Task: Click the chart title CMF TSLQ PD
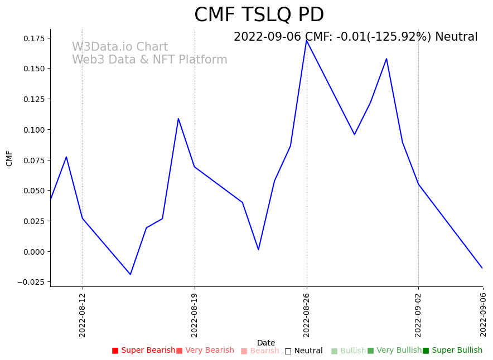point(259,15)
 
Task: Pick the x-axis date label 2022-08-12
point(83,315)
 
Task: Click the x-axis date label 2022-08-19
point(195,315)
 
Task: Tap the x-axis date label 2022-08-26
point(307,315)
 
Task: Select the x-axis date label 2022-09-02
point(418,315)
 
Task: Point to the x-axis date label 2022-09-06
point(483,315)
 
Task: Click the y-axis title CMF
point(9,158)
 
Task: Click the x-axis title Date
point(266,343)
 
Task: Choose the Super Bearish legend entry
point(144,351)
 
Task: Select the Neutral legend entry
point(304,351)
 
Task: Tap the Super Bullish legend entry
point(453,351)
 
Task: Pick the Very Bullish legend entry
point(395,351)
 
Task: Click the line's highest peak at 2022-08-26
point(307,40)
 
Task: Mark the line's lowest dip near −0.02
point(130,274)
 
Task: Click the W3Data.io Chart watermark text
point(120,47)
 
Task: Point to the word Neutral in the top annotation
point(456,37)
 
